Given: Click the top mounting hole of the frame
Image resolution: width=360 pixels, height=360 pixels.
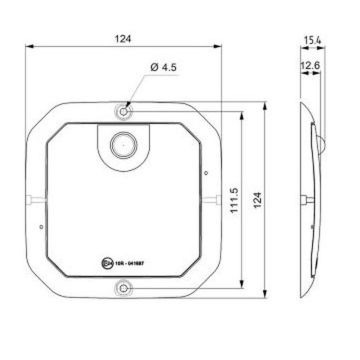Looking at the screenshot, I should coord(123,110).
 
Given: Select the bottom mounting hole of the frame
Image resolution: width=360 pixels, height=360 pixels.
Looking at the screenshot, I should coord(123,289).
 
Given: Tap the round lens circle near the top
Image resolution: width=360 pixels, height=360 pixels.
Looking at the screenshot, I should coord(123,144).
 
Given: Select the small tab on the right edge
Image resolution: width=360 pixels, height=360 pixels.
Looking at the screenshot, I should coord(214,199).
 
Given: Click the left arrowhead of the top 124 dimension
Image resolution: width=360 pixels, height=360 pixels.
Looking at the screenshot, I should coord(27,47).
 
